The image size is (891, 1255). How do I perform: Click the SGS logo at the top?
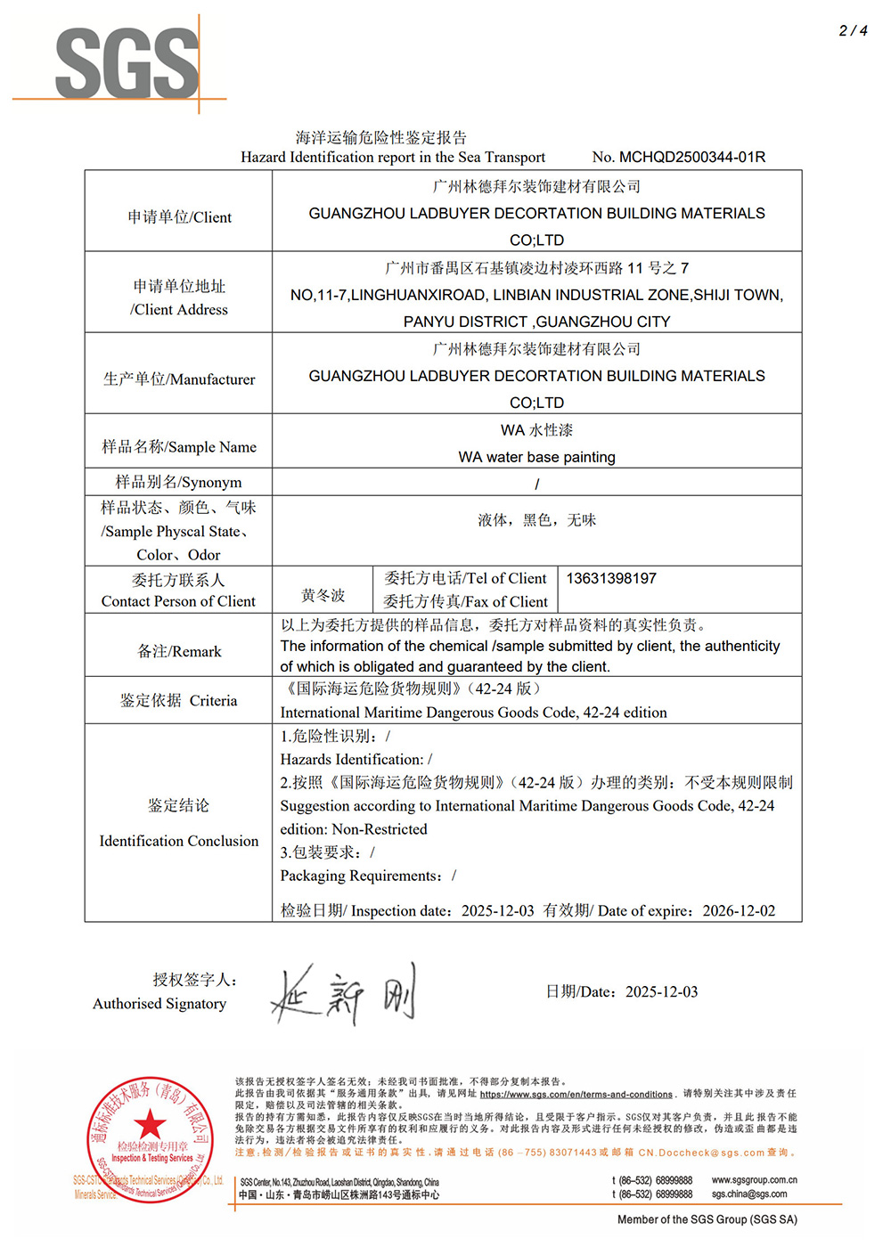[127, 62]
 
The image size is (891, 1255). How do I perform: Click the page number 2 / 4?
[853, 30]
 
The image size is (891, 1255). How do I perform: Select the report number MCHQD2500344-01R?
[692, 157]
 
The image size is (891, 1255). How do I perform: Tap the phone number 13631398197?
[611, 578]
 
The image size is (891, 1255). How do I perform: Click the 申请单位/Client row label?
[179, 216]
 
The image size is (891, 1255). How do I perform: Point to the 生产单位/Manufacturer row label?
[179, 379]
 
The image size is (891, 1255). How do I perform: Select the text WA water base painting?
[536, 457]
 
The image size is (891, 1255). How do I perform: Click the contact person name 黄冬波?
[323, 595]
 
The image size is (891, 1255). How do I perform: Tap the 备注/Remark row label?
[179, 651]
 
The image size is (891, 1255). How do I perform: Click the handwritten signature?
[344, 994]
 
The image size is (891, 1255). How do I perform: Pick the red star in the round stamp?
[150, 1124]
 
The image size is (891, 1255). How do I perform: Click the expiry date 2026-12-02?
[739, 910]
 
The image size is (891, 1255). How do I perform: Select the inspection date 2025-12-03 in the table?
[497, 910]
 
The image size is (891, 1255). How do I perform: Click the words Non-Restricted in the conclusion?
[380, 829]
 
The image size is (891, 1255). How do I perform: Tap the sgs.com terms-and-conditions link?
[576, 1094]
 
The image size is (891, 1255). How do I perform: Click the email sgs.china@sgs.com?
[749, 1194]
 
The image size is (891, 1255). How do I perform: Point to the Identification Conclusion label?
[179, 840]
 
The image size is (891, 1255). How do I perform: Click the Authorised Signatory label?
[159, 1003]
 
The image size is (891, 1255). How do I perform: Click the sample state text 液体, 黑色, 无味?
[536, 519]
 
